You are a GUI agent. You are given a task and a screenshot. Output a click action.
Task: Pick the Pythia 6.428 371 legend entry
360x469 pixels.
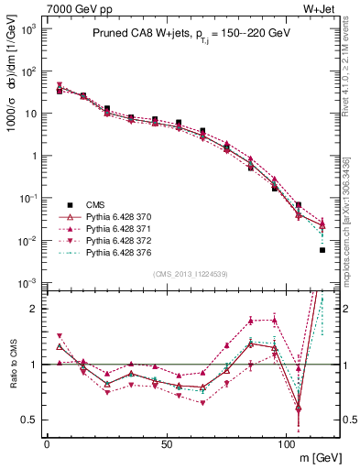coord(124,228)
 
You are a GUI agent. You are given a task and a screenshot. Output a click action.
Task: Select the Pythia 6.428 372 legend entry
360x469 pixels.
coord(124,240)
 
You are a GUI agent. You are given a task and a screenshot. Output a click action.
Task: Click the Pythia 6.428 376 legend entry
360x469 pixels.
coord(124,252)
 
